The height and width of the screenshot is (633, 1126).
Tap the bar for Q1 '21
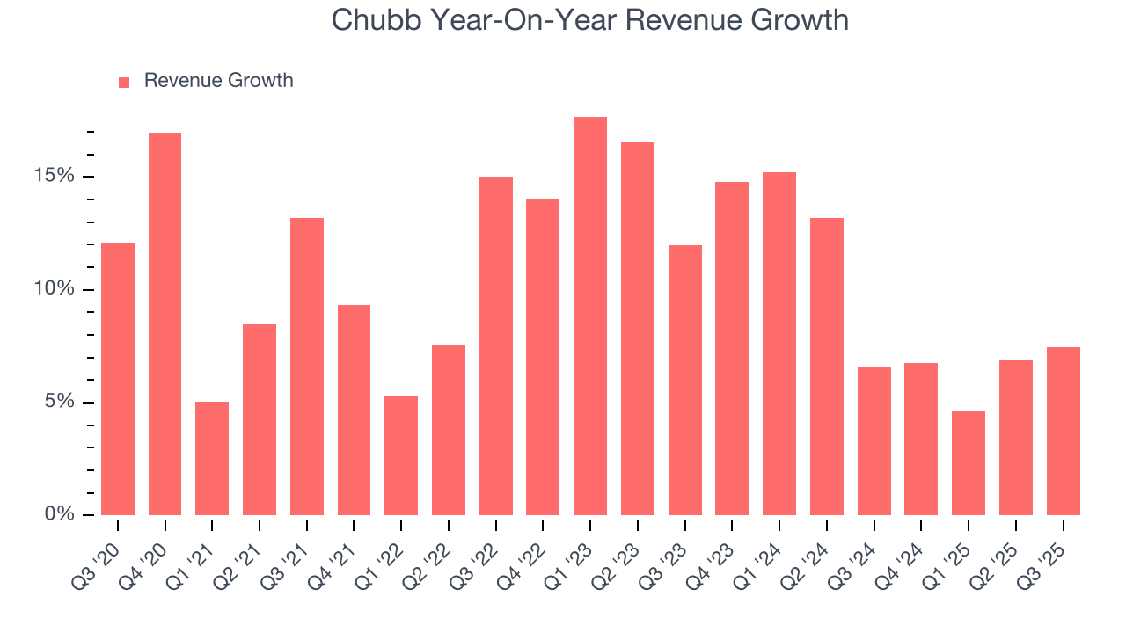click(212, 458)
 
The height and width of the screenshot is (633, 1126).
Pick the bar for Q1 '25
click(968, 463)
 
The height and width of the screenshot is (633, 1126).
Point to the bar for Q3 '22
click(495, 346)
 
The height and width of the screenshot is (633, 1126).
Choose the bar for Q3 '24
click(874, 441)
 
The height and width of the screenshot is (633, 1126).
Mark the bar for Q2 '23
click(637, 328)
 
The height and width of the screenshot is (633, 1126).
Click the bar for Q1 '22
click(401, 455)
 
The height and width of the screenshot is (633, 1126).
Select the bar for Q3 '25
click(1063, 431)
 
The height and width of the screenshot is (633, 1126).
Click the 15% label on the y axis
click(55, 176)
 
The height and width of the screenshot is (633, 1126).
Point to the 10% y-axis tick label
click(55, 289)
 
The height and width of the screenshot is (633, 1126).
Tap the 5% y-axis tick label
click(60, 402)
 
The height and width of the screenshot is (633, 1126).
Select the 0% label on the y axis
click(60, 514)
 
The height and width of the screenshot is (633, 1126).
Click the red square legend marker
click(124, 82)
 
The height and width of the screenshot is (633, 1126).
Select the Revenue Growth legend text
click(218, 81)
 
